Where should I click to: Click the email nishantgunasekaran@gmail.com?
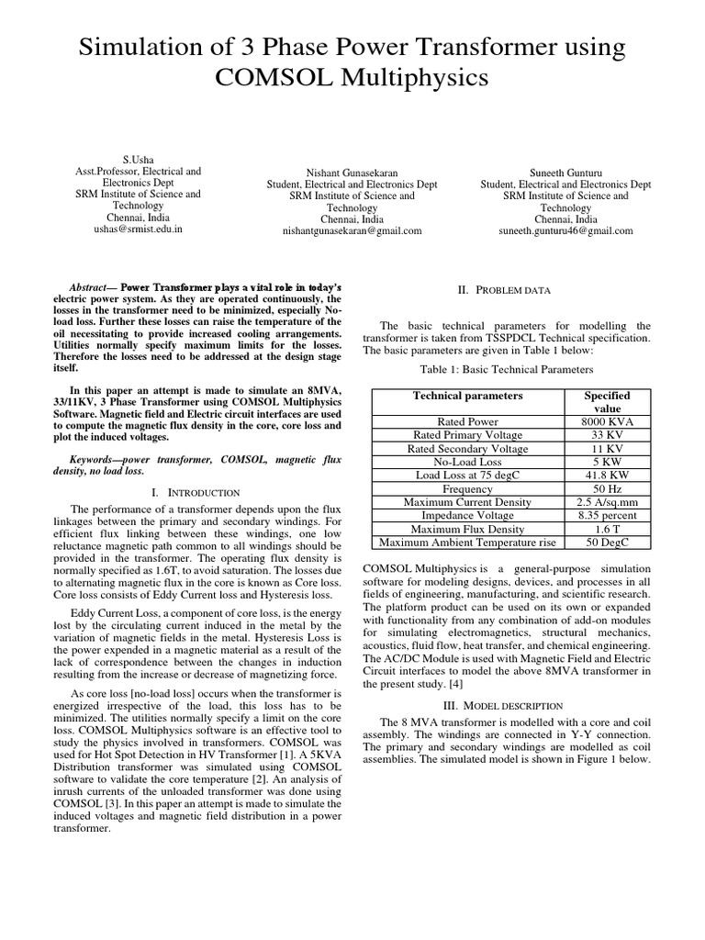coord(352,231)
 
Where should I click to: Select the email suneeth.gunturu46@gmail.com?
coord(565,231)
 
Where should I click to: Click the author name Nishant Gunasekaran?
coord(352,172)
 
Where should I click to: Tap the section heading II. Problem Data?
coord(504,290)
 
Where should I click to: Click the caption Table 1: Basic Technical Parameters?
coord(507,369)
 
